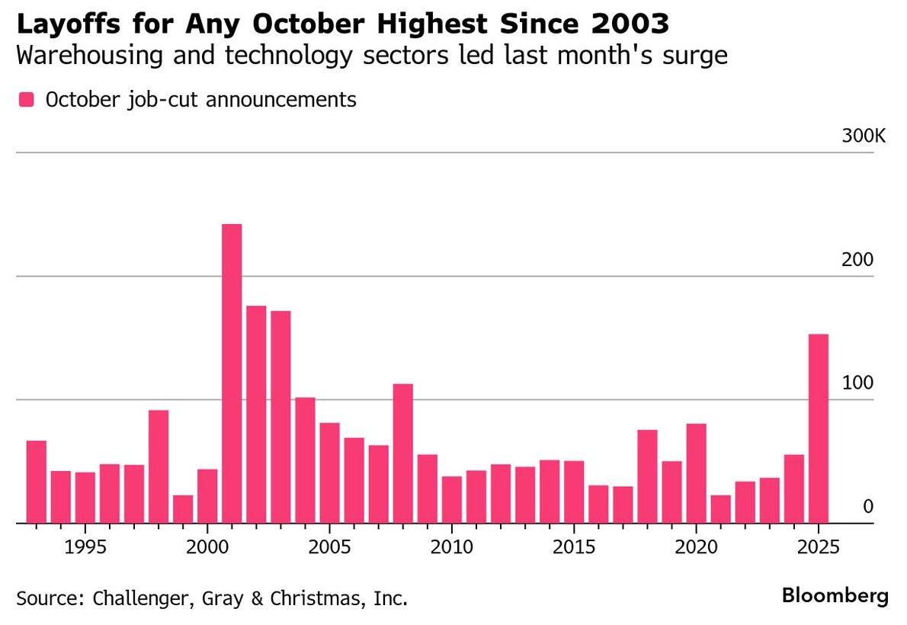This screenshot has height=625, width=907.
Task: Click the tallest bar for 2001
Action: point(232,373)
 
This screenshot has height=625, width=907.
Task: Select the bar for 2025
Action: point(818,428)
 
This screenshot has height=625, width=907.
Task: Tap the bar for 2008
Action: point(403,454)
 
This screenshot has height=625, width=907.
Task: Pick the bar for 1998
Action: point(159,466)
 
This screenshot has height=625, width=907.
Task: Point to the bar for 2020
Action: point(696,473)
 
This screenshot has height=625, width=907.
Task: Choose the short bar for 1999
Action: point(183,509)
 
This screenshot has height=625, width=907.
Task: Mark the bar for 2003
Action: point(280,417)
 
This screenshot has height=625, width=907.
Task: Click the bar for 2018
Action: point(647,476)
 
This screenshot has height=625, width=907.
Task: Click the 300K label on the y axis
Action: point(864,136)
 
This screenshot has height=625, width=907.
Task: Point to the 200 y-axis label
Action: point(857,260)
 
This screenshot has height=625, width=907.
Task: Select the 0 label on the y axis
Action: point(867,507)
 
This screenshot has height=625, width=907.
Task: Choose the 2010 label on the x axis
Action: point(452,548)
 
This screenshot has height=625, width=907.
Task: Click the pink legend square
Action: point(27,100)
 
